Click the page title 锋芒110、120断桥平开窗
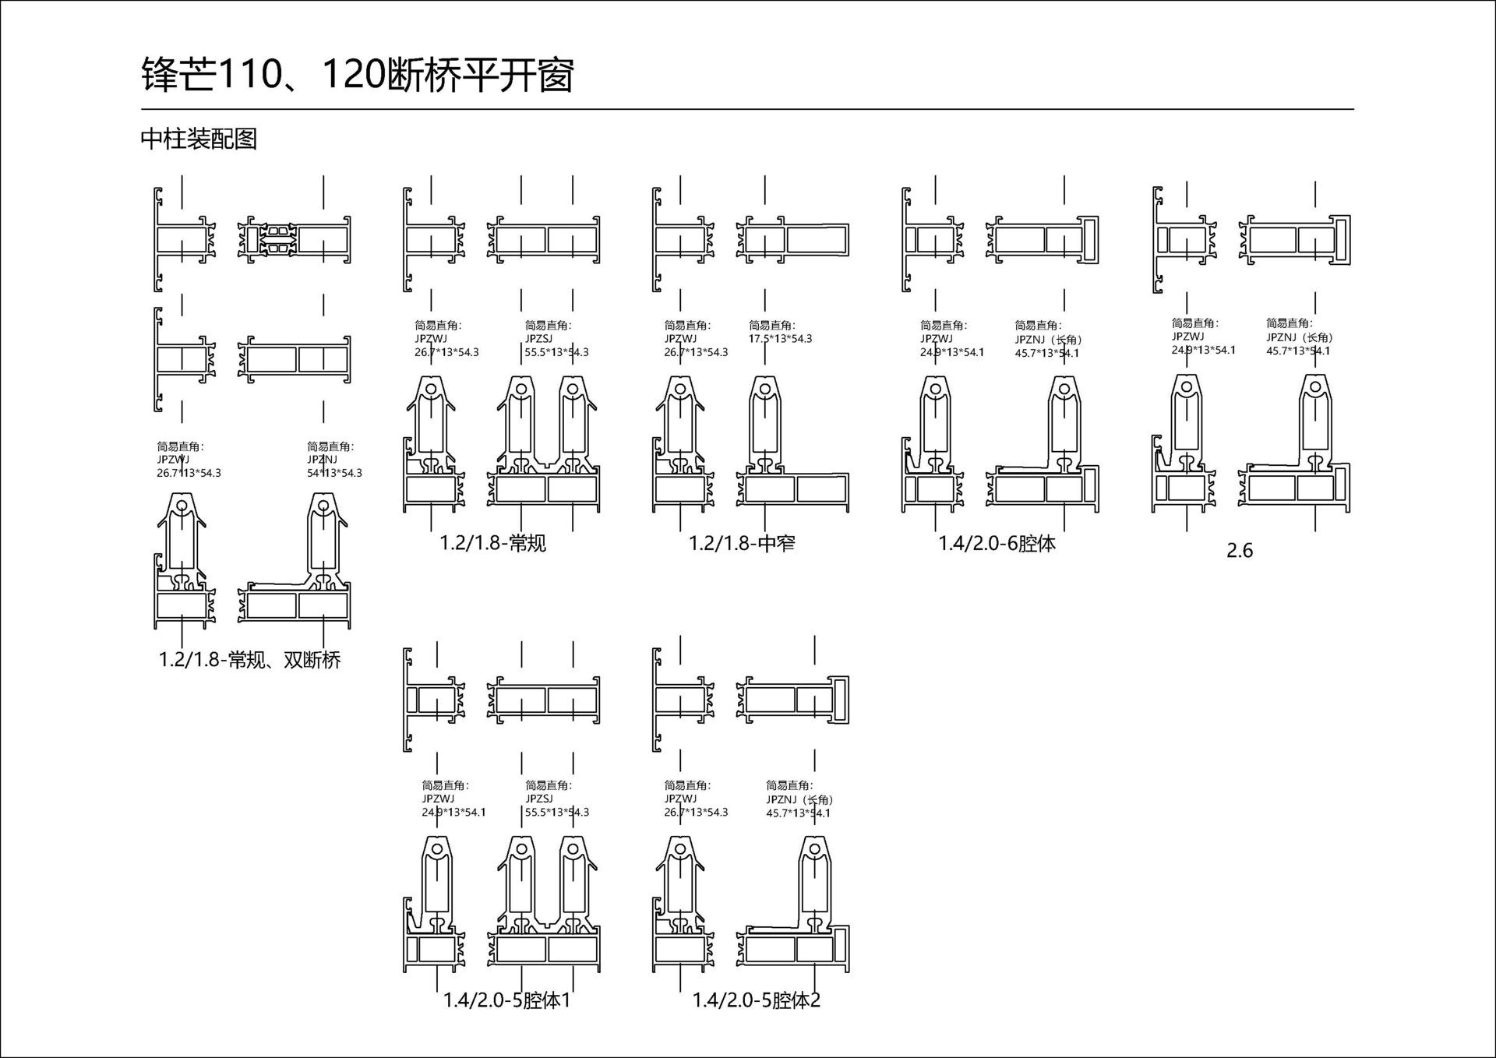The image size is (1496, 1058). tap(357, 76)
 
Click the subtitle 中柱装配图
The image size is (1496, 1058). tap(199, 139)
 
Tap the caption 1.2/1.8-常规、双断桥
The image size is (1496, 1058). tap(249, 660)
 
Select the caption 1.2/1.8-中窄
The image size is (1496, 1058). tap(742, 543)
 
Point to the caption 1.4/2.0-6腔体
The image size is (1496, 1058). tap(997, 543)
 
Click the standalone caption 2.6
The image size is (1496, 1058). tap(1239, 551)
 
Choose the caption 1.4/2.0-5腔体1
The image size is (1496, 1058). tap(506, 1000)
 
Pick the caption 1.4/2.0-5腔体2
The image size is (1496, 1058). tap(756, 1000)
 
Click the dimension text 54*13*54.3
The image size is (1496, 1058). tap(334, 473)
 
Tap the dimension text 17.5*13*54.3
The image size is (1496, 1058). tap(780, 339)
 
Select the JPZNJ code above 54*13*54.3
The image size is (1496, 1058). tap(322, 460)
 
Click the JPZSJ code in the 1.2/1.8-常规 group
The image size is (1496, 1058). tap(538, 339)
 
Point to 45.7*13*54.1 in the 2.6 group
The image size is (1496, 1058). tap(1298, 351)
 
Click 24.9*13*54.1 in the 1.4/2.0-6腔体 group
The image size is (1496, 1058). tap(951, 352)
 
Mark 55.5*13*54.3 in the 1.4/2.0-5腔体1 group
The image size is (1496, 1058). tap(556, 812)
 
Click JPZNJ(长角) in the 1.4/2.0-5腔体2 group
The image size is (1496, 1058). tap(799, 799)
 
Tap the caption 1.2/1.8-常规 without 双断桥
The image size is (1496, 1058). tap(492, 543)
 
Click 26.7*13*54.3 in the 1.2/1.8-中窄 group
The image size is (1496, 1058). tap(696, 352)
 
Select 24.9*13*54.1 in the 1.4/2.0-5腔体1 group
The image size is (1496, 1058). tap(453, 812)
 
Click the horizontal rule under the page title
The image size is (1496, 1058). tap(746, 110)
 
